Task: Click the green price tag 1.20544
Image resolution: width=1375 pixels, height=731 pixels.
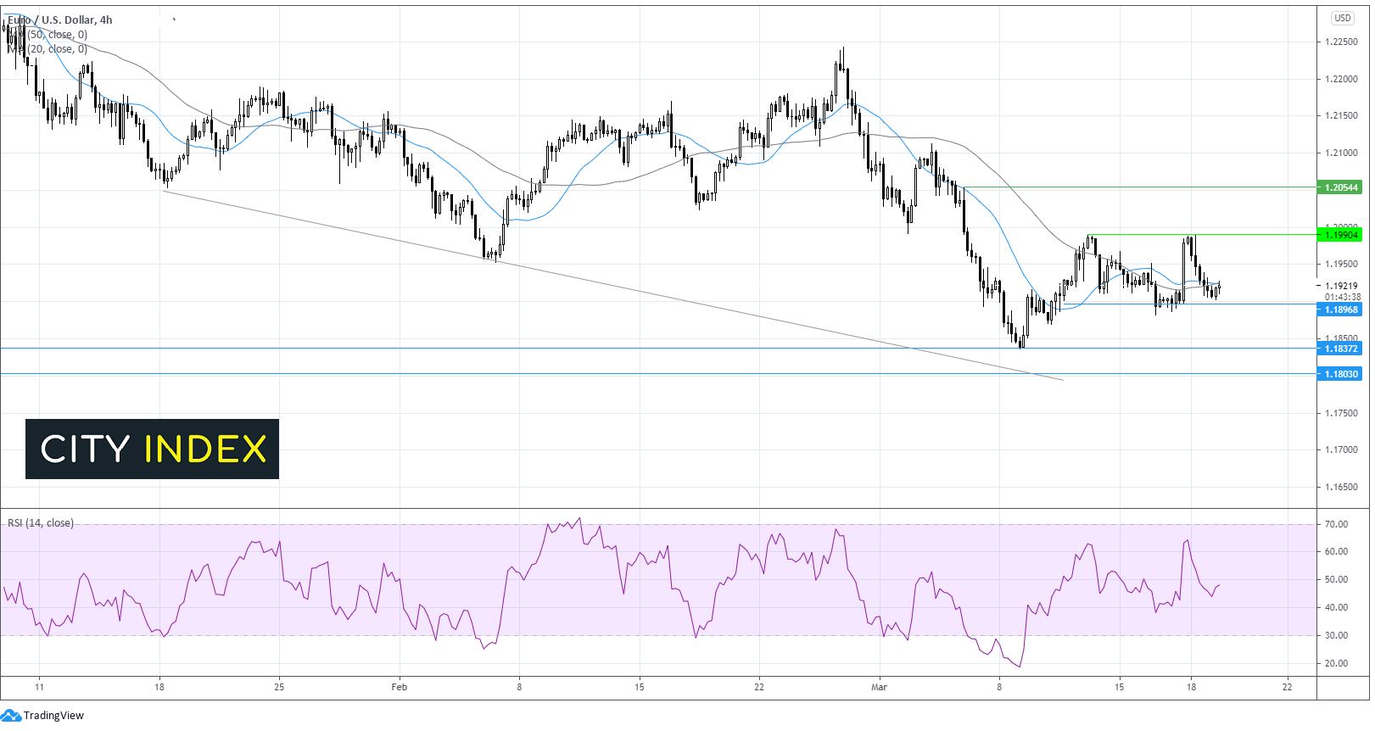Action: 1340,187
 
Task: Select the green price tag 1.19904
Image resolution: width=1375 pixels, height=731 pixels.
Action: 1340,235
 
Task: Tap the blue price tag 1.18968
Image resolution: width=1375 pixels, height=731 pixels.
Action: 1340,310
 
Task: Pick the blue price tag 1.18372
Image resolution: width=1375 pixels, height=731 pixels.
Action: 1340,349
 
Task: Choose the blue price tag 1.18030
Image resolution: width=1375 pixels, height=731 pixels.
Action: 1340,374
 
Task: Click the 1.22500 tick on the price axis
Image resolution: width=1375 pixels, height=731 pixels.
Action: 1340,42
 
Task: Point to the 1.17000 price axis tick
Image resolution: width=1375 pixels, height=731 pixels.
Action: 1340,449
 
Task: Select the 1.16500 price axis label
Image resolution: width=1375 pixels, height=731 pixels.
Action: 1340,487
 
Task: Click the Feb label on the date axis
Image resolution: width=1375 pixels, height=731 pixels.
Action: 399,687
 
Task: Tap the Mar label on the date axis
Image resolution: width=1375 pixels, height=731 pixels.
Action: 879,687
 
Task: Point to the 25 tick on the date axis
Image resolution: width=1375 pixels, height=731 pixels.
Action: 279,687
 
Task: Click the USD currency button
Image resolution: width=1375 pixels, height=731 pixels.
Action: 1342,18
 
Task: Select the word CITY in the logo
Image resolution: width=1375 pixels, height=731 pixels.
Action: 85,449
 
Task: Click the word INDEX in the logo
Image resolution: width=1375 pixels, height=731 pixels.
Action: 205,449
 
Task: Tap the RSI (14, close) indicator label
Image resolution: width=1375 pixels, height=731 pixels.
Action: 41,523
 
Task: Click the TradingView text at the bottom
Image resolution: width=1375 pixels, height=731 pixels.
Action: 53,716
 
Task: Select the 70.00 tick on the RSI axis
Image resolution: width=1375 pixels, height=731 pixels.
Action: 1336,524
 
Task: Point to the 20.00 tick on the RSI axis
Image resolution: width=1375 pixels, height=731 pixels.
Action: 1336,663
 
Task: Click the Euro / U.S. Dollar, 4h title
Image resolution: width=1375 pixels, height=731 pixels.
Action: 59,20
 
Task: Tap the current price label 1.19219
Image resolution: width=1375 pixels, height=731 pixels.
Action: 1341,286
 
